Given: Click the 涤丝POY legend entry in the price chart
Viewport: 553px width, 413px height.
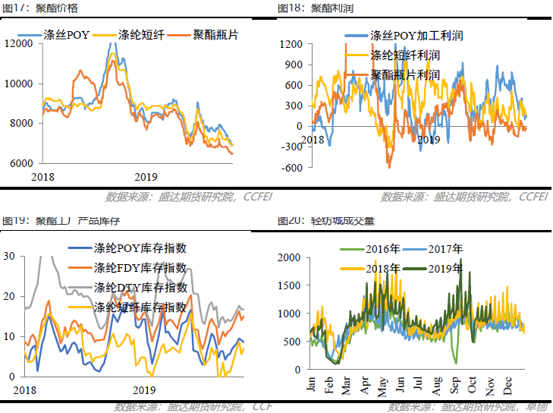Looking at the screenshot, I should pos(67,36).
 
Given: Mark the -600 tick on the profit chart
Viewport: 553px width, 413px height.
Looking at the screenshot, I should pos(293,168).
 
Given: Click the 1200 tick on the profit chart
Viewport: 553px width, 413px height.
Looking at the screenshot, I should pos(293,44).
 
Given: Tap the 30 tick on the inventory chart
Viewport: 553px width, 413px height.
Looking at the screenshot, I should pos(9,256).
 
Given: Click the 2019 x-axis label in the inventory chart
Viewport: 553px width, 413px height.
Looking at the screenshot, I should pos(145,389).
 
